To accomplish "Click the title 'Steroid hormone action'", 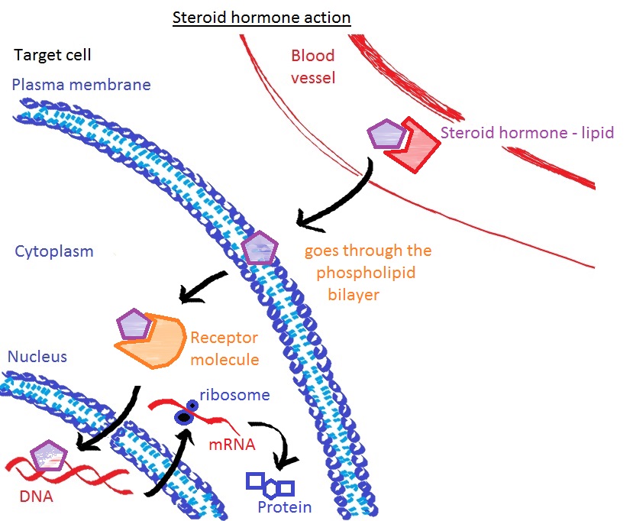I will [261, 17].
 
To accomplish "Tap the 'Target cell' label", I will [53, 56].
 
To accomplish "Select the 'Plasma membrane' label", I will [81, 84].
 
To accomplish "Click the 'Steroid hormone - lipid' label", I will [527, 132].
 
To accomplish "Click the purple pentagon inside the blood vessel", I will [387, 134].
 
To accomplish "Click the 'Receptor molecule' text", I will [224, 348].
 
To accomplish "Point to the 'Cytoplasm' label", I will [53, 251].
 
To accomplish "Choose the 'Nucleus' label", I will [37, 356].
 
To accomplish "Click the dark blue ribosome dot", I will [182, 416].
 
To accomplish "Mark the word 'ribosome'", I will [235, 395].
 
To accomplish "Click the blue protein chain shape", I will [270, 484].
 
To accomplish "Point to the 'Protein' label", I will [284, 507].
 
